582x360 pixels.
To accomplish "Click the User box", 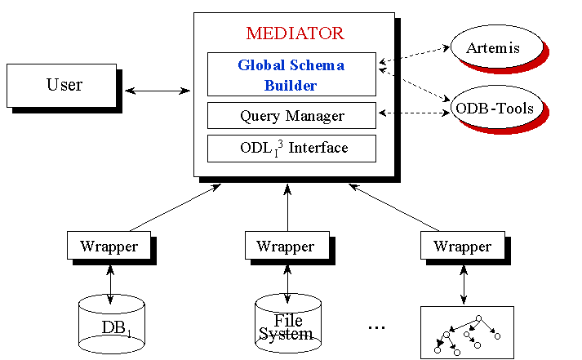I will point(63,85).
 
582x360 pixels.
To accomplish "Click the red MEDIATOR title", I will point(295,34).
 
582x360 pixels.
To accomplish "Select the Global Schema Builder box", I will point(291,74).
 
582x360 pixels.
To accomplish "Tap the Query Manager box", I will point(291,116).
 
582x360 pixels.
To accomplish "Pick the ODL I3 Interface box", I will point(291,148).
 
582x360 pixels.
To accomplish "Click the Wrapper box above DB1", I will point(109,246).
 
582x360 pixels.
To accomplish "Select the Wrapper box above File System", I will point(286,246).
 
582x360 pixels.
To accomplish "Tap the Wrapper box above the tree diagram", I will point(462,246).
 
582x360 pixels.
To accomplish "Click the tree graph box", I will point(467,332).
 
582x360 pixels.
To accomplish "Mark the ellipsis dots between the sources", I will point(376,328).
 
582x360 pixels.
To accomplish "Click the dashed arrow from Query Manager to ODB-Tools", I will point(413,112).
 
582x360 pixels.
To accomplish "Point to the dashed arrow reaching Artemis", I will point(415,54).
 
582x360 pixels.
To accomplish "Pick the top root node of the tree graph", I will point(479,318).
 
